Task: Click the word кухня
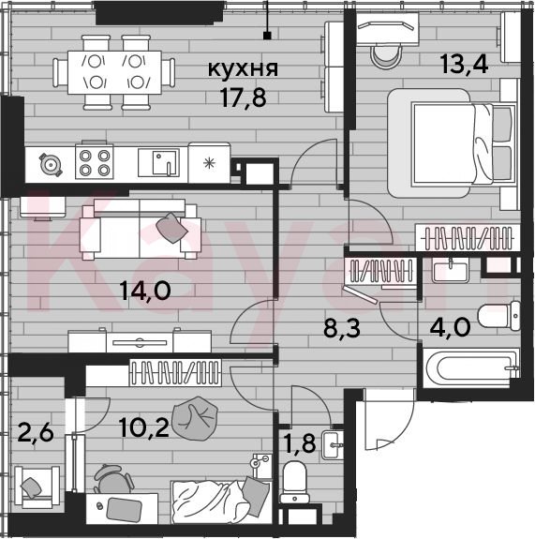click(x=243, y=68)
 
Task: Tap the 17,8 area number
click(x=244, y=97)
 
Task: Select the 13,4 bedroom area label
click(x=465, y=65)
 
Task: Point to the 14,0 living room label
click(x=145, y=291)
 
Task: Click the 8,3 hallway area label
click(x=342, y=328)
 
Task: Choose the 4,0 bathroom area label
click(x=450, y=327)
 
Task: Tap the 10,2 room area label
click(x=144, y=428)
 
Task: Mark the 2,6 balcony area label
click(x=36, y=433)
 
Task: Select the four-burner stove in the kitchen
click(x=95, y=161)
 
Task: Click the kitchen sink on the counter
click(x=158, y=162)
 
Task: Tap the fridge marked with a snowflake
click(x=209, y=162)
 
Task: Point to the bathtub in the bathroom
click(x=470, y=368)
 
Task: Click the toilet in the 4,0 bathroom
click(x=498, y=316)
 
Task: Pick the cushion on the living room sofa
click(x=171, y=228)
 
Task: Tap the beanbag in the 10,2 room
click(x=195, y=419)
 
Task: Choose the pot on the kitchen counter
click(x=51, y=165)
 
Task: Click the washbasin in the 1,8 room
click(x=333, y=445)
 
